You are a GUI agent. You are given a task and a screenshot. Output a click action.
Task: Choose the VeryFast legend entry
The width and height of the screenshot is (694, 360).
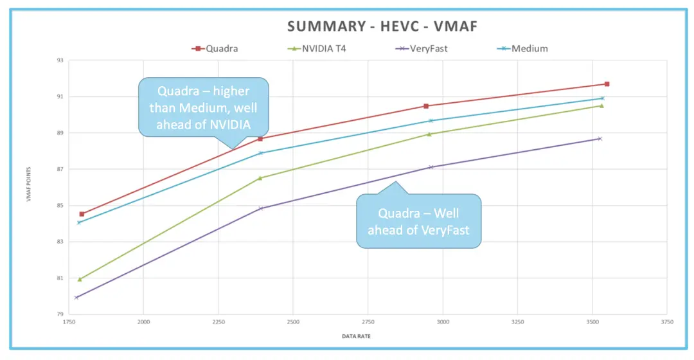click(423, 48)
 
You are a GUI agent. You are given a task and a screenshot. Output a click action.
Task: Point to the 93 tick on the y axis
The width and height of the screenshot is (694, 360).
click(60, 60)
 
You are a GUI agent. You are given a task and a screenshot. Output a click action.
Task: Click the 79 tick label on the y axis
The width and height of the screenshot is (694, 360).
click(60, 314)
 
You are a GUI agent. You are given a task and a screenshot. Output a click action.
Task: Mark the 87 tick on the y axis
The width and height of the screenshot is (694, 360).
click(60, 169)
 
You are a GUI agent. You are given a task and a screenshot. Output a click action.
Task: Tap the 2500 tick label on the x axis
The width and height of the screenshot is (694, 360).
click(293, 321)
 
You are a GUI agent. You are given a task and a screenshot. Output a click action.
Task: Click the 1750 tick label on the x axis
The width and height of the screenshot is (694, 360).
click(69, 321)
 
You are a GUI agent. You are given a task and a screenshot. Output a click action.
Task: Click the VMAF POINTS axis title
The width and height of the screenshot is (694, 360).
click(28, 188)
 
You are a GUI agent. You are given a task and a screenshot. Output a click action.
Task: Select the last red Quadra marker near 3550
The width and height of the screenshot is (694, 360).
click(607, 84)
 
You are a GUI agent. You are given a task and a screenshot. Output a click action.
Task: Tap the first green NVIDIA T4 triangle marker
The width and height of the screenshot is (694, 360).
click(80, 279)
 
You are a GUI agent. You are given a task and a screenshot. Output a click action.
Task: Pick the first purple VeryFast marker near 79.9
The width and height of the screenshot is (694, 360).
click(76, 297)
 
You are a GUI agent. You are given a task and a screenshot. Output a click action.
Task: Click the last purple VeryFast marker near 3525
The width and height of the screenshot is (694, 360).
click(600, 139)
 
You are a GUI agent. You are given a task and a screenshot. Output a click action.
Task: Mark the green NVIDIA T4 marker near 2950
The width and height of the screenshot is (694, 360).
click(429, 134)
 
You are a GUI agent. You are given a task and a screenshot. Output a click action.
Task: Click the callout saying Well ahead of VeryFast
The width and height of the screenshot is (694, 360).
click(419, 221)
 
